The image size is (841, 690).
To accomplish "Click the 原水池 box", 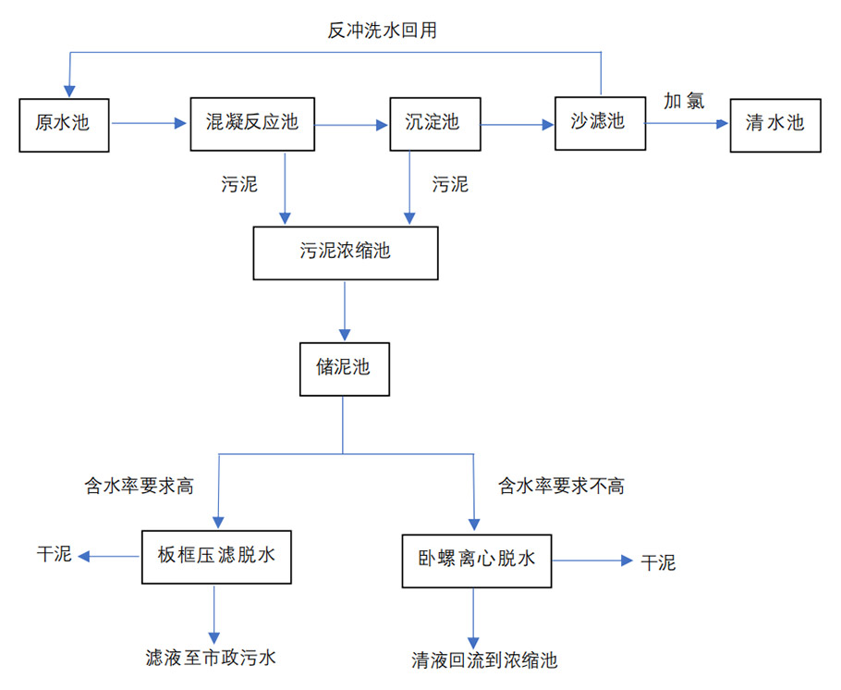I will point(64,123).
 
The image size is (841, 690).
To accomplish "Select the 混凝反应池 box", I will point(252,122).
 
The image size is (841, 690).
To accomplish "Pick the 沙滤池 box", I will point(600,121).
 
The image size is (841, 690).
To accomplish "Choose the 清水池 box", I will point(774,123).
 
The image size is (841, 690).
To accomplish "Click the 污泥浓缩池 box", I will point(346,252).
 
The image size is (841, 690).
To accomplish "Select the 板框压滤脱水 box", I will point(216,557).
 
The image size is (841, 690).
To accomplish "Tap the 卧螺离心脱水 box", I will point(476,560).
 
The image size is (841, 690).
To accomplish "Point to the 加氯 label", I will point(684,101).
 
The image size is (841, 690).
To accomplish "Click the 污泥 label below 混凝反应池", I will point(239,184).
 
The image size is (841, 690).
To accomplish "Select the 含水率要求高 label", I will point(139,487).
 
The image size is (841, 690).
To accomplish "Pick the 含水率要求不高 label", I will point(561,487).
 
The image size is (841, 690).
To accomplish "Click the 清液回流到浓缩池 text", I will point(484,660).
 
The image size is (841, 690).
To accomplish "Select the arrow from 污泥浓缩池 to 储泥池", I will point(345,310).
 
